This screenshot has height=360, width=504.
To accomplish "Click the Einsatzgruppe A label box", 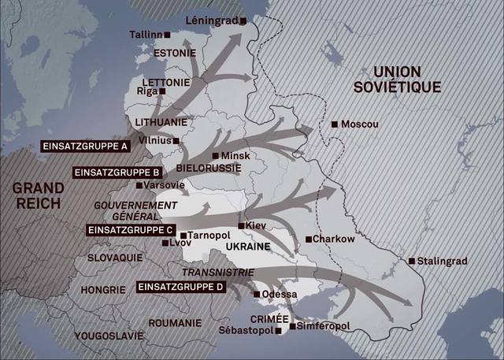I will click(x=86, y=147).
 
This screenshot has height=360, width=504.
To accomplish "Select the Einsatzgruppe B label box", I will click(x=118, y=172).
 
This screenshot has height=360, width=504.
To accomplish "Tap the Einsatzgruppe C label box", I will click(x=131, y=230).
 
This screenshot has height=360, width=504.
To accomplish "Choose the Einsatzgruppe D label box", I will click(x=181, y=288).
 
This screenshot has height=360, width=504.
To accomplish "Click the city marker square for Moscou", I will click(x=335, y=124).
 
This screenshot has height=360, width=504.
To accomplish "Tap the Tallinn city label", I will click(x=146, y=35).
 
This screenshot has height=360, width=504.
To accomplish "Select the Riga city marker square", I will click(x=163, y=91).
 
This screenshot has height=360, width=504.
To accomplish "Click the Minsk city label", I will click(x=235, y=156).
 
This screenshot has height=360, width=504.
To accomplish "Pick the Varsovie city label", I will click(x=165, y=185).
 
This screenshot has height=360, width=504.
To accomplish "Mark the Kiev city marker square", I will click(x=243, y=225).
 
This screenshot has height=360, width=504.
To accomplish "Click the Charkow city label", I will click(x=334, y=239).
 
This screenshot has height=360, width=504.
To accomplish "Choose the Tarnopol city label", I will click(x=208, y=235).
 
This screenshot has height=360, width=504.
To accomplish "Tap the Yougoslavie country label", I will click(x=109, y=336).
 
